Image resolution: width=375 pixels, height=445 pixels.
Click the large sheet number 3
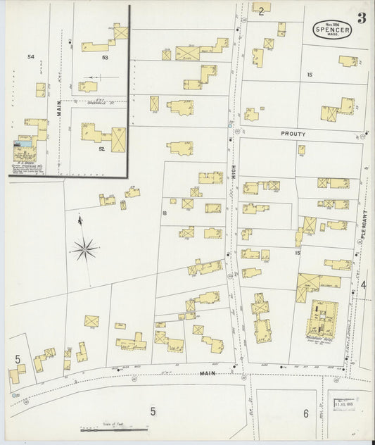(361, 19)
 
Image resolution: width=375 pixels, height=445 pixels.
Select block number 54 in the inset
(30, 56)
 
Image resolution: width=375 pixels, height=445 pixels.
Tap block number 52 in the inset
(102, 149)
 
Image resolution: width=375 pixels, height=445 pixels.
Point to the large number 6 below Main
(306, 413)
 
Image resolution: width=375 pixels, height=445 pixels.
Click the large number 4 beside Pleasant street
(364, 284)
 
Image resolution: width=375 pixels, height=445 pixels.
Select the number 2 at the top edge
(261, 11)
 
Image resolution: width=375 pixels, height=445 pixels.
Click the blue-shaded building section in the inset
(25, 144)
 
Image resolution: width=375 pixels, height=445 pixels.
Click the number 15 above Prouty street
(310, 74)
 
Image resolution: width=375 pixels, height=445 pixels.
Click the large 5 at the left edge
(18, 359)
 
